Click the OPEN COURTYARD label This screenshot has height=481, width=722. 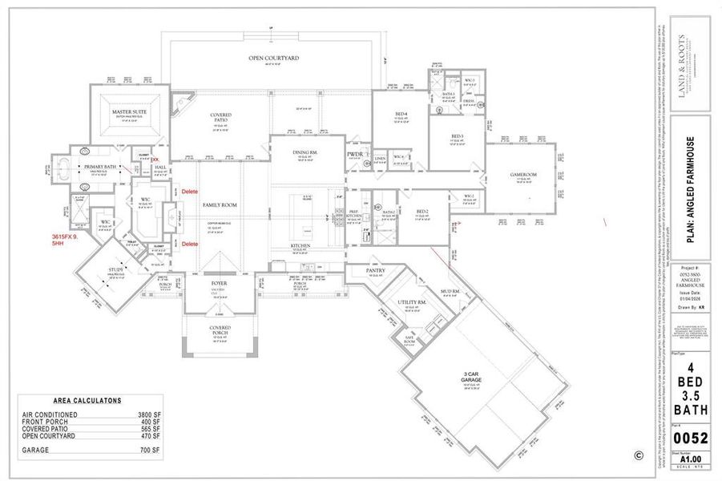273,59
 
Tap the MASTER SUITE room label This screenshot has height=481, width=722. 127,111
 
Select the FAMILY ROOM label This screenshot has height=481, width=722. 218,206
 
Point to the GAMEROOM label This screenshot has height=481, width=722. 522,175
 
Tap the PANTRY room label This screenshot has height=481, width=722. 375,271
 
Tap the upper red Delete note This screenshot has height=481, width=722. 189,192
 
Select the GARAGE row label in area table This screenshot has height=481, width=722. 36,451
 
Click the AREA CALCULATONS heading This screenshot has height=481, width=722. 87,399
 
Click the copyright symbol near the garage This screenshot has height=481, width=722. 638,455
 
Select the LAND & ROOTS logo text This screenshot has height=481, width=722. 681,55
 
